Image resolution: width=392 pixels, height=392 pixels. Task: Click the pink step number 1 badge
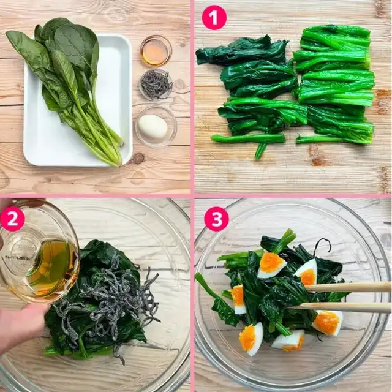(214, 18)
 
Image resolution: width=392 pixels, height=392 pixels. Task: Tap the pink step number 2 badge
(12, 219)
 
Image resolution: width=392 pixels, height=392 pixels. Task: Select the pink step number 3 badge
(216, 219)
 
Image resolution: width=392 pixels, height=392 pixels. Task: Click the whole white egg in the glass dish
(153, 127)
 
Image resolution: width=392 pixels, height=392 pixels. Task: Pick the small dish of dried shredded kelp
(156, 85)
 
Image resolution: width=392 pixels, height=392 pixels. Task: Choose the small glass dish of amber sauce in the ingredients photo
(156, 51)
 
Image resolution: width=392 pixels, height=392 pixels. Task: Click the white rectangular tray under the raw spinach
(78, 100)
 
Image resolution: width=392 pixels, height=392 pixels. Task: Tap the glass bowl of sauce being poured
(37, 252)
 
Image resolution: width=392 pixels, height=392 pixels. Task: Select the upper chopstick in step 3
(347, 287)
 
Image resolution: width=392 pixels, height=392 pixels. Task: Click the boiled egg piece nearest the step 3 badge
(271, 266)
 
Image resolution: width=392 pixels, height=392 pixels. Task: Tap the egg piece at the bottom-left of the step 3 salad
(251, 339)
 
